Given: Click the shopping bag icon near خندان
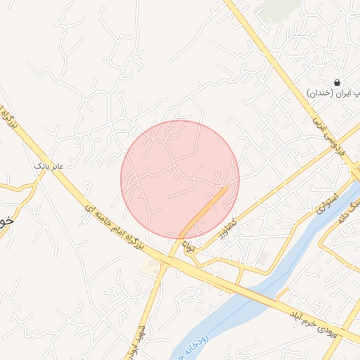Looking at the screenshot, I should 337,82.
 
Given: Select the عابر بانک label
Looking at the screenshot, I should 49,166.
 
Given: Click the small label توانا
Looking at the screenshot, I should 188,247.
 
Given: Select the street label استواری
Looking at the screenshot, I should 327,204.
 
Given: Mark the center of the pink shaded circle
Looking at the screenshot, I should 180,179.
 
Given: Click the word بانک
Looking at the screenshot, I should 41,166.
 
